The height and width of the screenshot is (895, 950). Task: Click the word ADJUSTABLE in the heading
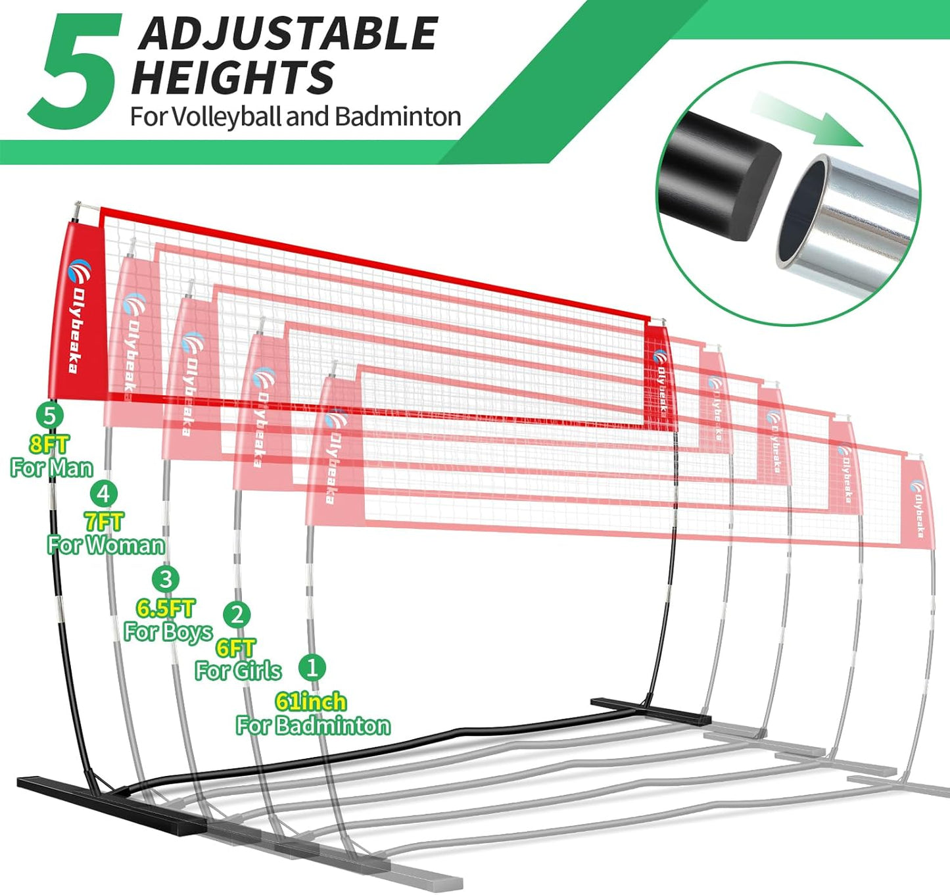(x=288, y=34)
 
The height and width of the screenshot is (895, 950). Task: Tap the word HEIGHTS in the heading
(x=233, y=78)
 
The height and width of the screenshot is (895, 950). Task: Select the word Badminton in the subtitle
(x=398, y=116)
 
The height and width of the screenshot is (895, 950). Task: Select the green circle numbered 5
(x=49, y=415)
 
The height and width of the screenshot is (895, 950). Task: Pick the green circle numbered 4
(x=104, y=493)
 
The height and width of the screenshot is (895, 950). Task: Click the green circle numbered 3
(x=166, y=579)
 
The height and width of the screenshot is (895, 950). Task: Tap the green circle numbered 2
(x=237, y=615)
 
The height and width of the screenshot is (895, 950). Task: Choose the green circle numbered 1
(x=312, y=667)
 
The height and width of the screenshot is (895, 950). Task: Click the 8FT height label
(x=49, y=445)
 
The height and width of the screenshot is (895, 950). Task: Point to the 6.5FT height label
(x=166, y=608)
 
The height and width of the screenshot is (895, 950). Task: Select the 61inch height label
(x=311, y=701)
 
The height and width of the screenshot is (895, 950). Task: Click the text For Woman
(x=106, y=544)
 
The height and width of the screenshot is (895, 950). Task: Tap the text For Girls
(x=238, y=671)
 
